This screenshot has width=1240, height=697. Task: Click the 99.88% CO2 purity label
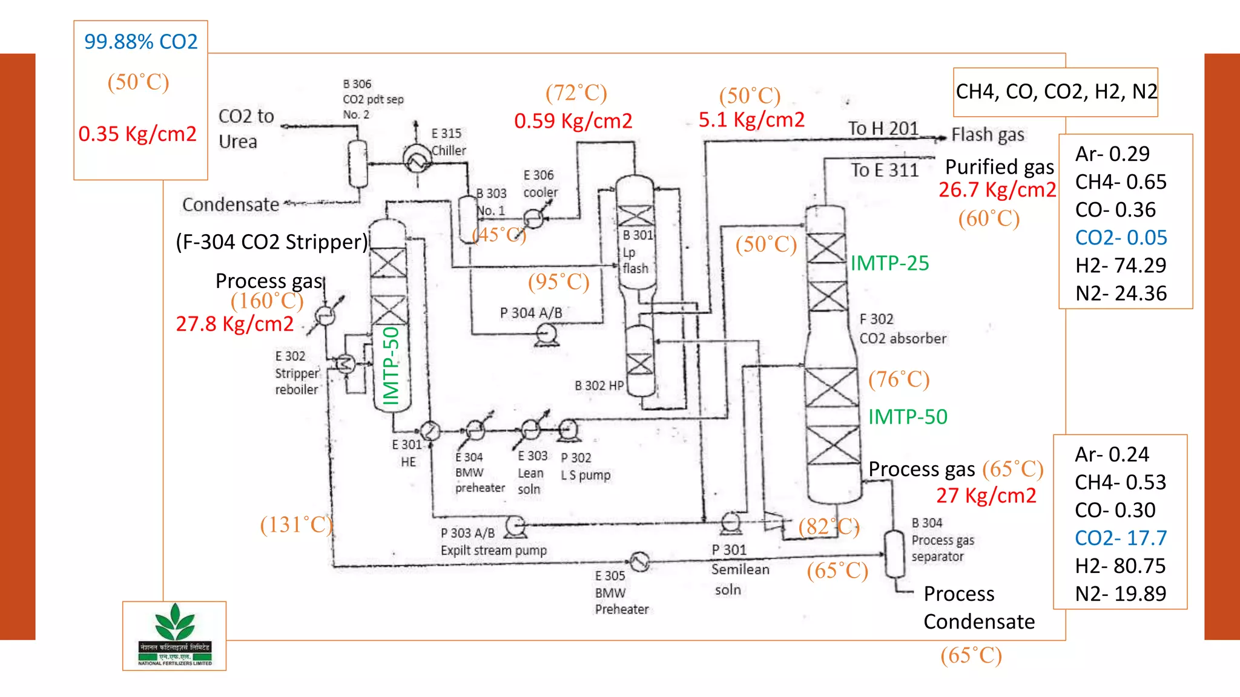[140, 42]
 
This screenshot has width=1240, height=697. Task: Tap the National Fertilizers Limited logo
[174, 635]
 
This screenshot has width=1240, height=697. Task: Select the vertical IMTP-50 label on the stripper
[392, 366]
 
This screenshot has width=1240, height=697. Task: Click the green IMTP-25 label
[889, 263]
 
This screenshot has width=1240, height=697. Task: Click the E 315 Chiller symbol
[417, 159]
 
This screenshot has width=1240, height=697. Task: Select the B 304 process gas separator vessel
[894, 554]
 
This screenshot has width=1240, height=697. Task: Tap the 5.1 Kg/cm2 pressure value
[751, 120]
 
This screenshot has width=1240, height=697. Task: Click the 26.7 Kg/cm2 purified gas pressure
[997, 190]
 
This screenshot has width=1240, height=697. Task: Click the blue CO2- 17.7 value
[1120, 538]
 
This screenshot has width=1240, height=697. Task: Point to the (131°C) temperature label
[296, 525]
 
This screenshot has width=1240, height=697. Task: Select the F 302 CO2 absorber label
[902, 329]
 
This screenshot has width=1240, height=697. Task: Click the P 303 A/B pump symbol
[515, 526]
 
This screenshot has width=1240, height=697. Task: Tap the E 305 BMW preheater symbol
[639, 562]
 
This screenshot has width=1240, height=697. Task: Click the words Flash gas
[988, 134]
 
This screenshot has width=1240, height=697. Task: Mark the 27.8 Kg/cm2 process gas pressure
[235, 324]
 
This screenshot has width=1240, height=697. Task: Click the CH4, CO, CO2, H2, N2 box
[1055, 92]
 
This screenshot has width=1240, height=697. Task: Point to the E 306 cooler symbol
[533, 218]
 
